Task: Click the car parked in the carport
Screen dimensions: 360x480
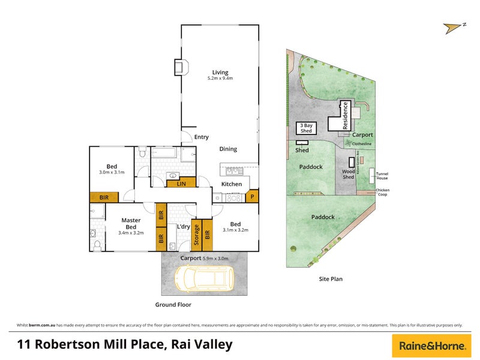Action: click(203, 277)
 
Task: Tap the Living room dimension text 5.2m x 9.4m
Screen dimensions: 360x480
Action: click(220, 79)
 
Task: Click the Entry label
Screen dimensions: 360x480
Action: click(202, 137)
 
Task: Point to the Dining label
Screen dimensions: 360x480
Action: click(228, 149)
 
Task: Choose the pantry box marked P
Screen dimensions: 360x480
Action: click(253, 196)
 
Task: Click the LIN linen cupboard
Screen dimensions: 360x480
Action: click(181, 184)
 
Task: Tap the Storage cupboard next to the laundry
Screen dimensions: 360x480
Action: click(196, 235)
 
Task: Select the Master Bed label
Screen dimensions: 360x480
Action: click(130, 223)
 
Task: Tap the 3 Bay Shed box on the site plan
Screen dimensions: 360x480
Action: click(306, 128)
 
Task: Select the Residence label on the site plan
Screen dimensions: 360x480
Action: click(346, 116)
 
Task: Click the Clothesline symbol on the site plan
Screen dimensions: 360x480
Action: click(349, 144)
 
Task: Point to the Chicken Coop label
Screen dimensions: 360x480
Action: click(382, 193)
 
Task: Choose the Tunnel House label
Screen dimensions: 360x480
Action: click(382, 175)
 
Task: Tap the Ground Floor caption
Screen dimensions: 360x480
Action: click(173, 305)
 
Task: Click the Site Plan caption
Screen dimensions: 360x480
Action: click(331, 279)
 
